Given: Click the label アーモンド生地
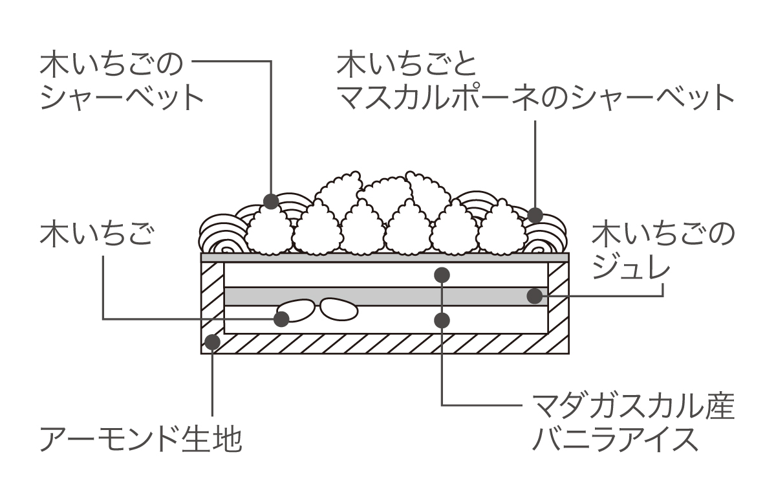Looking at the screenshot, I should [x=141, y=439].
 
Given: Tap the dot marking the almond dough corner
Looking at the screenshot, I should [x=212, y=341].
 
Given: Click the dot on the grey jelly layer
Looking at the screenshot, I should [x=534, y=297].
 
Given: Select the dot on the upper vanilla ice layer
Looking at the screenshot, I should [x=442, y=275].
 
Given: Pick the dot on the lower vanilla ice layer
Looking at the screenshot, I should [x=442, y=319].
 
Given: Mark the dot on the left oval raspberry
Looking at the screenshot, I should [x=281, y=318].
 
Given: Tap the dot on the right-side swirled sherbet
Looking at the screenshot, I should [x=535, y=214].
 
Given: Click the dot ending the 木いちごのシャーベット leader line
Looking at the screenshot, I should [x=271, y=200].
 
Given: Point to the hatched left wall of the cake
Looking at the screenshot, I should [x=212, y=298].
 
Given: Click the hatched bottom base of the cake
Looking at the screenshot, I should [x=385, y=344].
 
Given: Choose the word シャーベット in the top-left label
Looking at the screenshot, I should [x=122, y=98].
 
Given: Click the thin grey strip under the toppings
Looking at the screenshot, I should [x=385, y=257].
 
